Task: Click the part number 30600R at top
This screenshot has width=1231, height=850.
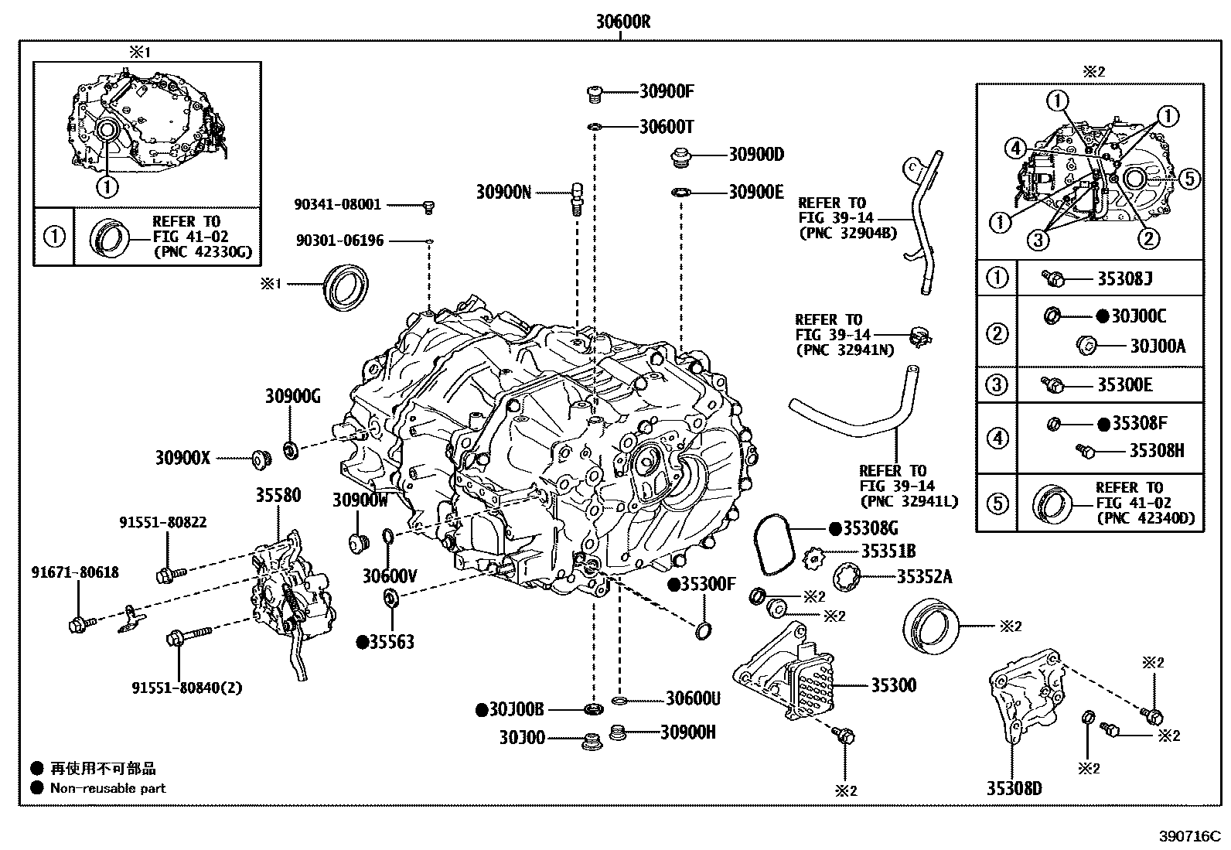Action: [x=622, y=22]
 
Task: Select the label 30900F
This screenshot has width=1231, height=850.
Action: [x=667, y=91]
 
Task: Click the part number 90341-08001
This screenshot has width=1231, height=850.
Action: [x=337, y=204]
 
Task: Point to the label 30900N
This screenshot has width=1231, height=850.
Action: [x=503, y=192]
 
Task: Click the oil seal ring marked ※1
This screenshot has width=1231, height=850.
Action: [x=346, y=285]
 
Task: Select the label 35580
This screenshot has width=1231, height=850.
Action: [x=278, y=495]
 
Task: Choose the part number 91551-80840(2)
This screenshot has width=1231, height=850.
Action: [x=186, y=688]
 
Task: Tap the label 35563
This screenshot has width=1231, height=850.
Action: [x=390, y=642]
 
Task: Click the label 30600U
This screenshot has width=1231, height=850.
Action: [x=693, y=699]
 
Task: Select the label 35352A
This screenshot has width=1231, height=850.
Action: [x=924, y=576]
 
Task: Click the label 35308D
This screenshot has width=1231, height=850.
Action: [x=1014, y=788]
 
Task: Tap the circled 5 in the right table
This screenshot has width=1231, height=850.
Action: [x=997, y=504]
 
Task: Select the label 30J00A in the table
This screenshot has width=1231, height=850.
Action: [x=1157, y=346]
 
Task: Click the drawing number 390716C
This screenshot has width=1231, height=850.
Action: [x=1188, y=837]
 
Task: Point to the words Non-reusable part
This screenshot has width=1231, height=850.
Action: [x=107, y=788]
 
